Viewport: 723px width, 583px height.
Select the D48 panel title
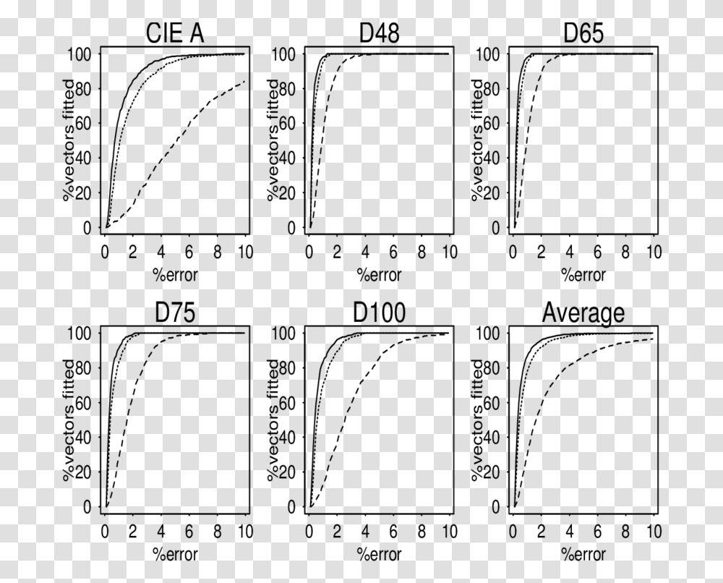[x=380, y=34]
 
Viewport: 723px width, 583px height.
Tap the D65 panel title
[x=584, y=34]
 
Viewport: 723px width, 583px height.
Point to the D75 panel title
[x=174, y=313]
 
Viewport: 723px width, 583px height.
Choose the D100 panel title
[x=380, y=313]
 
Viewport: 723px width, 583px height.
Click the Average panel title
[x=583, y=313]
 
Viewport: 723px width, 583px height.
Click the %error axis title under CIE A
[x=174, y=274]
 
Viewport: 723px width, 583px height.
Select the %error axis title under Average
[x=583, y=553]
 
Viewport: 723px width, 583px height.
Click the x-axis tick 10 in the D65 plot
[x=654, y=252]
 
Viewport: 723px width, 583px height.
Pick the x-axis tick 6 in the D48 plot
[x=393, y=252]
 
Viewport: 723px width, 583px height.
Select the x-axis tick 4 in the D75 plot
[x=161, y=532]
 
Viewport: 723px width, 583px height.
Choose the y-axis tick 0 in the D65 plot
[x=495, y=228]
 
